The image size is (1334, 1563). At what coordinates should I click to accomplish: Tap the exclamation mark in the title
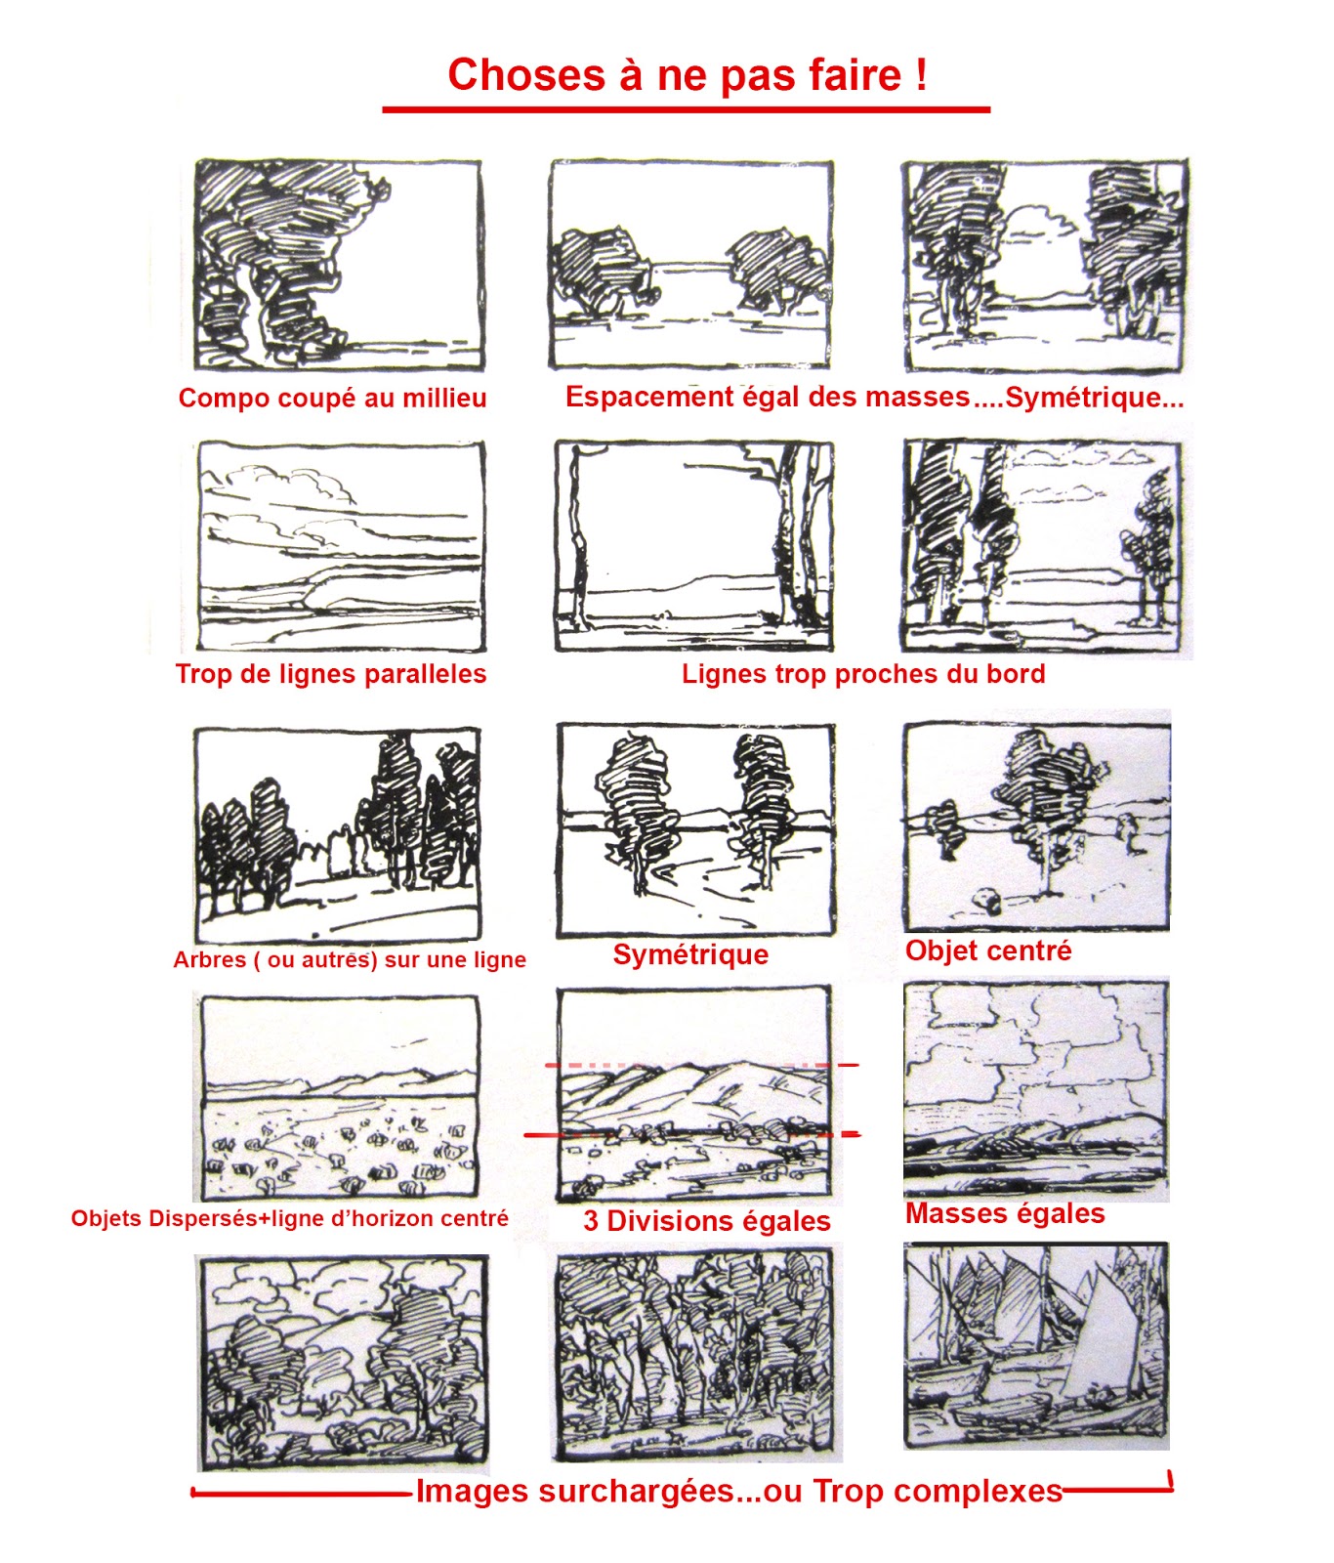pos(921,74)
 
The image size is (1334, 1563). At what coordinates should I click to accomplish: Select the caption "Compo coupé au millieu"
pos(332,398)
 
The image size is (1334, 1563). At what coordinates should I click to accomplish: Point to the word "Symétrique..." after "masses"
pos(1094,398)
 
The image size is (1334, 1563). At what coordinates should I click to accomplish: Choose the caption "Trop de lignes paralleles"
pos(331,674)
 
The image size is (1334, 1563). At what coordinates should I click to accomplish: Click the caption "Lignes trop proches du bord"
pos(863,674)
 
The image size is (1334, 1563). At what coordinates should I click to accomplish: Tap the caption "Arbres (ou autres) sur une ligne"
pos(349,959)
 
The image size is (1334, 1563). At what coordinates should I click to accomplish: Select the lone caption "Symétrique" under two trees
pos(690,954)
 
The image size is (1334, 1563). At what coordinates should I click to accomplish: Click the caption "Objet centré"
pos(988,950)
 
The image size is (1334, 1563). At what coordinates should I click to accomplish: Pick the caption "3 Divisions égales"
pos(707,1221)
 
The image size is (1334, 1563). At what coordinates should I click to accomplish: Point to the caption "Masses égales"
pos(1005,1213)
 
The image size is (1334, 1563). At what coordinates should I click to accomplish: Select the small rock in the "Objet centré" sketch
pos(987,900)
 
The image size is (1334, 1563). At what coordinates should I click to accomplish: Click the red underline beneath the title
pos(686,109)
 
